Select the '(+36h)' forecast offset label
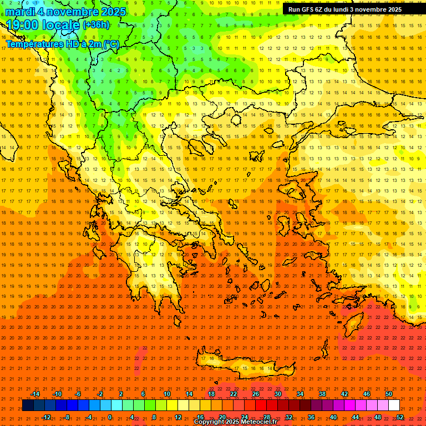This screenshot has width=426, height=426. click(x=96, y=25)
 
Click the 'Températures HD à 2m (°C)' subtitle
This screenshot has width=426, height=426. click(x=62, y=44)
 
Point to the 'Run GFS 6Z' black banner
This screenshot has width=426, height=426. click(x=345, y=9)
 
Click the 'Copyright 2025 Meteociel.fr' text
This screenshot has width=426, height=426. click(x=235, y=422)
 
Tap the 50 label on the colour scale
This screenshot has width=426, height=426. click(x=388, y=394)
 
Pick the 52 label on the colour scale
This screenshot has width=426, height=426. click(x=400, y=417)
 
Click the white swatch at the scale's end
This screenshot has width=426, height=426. click(x=394, y=405)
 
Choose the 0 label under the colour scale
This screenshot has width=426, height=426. click(x=110, y=417)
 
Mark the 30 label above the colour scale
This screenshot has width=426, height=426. click(x=277, y=394)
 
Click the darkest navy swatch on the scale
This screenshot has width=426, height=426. click(x=28, y=405)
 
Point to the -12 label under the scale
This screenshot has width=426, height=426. click(x=46, y=417)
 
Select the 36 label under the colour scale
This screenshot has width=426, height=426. click(x=311, y=417)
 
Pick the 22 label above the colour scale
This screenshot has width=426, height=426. click(x=234, y=394)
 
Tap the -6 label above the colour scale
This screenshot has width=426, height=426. click(x=78, y=394)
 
